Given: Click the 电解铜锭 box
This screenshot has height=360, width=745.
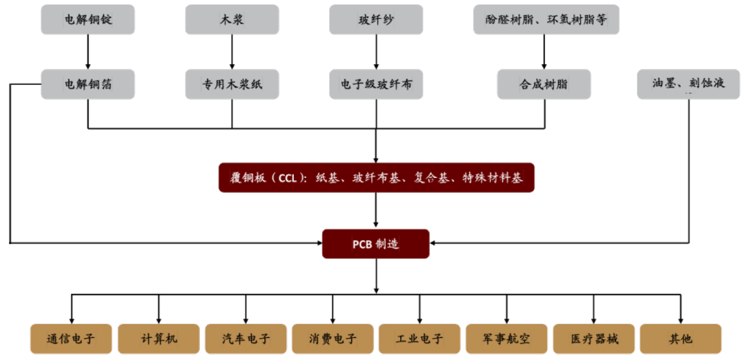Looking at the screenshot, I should [88, 20].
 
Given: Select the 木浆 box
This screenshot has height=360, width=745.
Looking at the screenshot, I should [232, 20].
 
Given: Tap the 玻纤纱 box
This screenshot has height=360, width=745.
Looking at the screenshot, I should [376, 20].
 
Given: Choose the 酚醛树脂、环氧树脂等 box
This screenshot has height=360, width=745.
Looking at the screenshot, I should [546, 20].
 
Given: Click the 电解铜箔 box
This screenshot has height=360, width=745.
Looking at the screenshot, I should [88, 84].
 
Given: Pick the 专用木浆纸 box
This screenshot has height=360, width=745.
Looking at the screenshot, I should [232, 84].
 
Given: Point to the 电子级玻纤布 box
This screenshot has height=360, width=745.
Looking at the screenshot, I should [376, 84].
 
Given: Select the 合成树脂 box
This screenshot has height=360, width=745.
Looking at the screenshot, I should [544, 84].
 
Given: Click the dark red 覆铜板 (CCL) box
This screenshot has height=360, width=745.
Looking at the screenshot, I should [376, 178].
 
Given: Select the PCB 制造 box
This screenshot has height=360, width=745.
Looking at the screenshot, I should [376, 243].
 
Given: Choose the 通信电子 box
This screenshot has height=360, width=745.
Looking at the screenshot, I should [71, 339].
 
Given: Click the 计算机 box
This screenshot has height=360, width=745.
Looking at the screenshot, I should [159, 339].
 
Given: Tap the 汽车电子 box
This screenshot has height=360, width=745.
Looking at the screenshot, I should [246, 339].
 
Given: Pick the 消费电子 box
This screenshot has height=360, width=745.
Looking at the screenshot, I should [332, 339].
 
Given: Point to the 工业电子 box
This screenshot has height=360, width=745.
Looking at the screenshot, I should [419, 339].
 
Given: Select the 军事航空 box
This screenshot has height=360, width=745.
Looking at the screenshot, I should [506, 339].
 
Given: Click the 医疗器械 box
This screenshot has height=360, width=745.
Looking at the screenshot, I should [594, 339].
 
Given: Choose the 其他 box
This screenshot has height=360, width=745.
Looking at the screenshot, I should [680, 339].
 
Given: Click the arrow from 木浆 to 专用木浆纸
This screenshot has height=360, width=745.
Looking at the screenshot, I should [232, 52].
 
